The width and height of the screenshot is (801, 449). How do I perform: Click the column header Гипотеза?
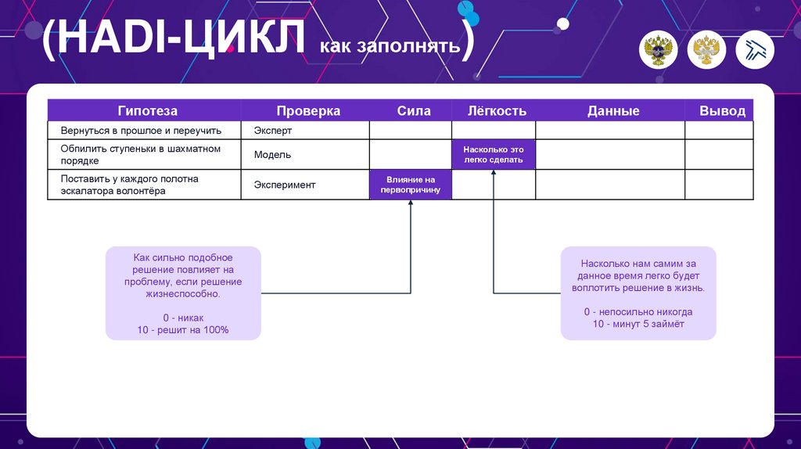tap(148, 111)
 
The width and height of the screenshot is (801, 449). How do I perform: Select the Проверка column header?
tap(308, 111)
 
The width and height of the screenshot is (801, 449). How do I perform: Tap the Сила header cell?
tap(414, 111)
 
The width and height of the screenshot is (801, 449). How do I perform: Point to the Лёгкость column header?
tap(497, 111)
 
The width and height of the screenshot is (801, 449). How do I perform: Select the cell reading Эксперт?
tap(273, 131)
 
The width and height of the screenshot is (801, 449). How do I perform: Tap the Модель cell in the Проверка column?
tap(272, 155)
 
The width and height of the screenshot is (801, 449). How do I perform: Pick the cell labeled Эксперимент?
tap(285, 185)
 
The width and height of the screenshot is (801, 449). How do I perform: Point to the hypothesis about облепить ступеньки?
tap(140, 155)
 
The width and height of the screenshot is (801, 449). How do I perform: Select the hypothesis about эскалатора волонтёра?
tap(129, 185)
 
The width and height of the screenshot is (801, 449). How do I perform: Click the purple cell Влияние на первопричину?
tap(411, 185)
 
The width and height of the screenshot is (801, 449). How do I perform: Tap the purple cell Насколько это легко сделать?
tap(494, 155)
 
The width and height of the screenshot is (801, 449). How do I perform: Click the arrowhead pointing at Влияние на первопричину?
tap(411, 204)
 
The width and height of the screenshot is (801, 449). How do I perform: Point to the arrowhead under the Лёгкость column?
tap(494, 174)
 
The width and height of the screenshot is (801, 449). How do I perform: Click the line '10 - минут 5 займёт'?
tap(638, 323)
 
